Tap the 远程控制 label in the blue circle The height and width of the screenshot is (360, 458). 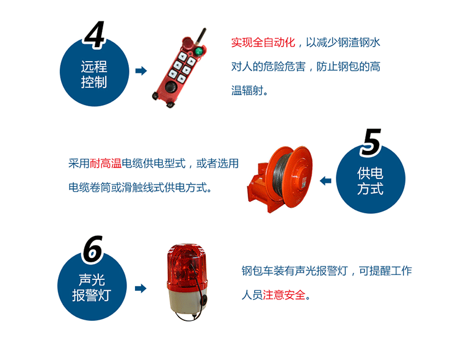click(x=94, y=74)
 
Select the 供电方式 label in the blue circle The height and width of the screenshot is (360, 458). click(x=370, y=182)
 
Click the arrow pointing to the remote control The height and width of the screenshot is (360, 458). click(x=140, y=71)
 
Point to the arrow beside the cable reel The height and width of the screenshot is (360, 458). click(x=325, y=180)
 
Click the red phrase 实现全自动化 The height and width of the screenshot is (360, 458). click(x=263, y=43)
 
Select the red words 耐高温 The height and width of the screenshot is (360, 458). click(x=106, y=163)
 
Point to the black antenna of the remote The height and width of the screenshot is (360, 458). click(x=203, y=34)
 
